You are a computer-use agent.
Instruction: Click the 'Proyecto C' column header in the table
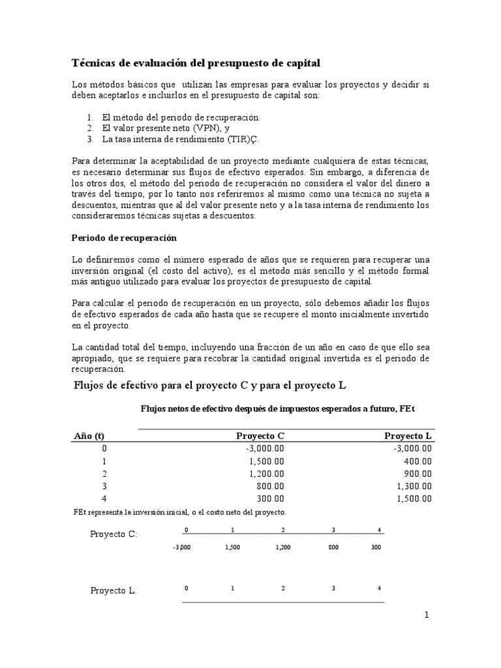(260, 436)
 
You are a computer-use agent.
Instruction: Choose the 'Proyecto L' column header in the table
(408, 436)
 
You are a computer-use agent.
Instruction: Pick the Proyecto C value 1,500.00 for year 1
(264, 461)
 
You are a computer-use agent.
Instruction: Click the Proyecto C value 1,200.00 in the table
(264, 474)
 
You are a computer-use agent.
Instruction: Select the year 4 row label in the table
(104, 498)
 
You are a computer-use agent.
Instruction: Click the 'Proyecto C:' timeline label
(114, 534)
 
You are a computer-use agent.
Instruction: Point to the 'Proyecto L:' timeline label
(114, 590)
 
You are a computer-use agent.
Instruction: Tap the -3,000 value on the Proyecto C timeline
(182, 548)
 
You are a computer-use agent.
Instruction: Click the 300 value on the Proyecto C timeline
(376, 548)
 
